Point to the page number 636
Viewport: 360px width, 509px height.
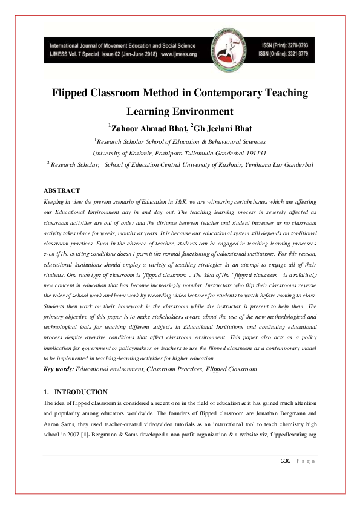[286, 461]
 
